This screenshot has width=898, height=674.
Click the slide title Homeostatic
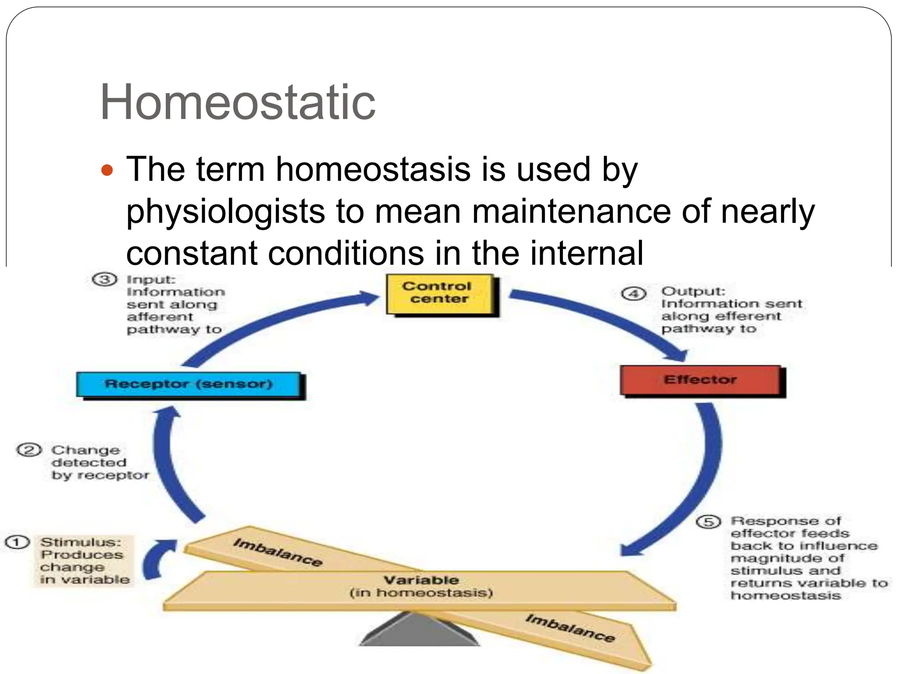pyautogui.click(x=237, y=103)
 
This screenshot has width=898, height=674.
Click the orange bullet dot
pyautogui.click(x=107, y=170)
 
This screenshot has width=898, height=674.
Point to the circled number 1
pyautogui.click(x=17, y=542)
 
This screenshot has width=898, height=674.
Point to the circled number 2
pyautogui.click(x=29, y=450)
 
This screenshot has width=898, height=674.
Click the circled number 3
pyautogui.click(x=104, y=280)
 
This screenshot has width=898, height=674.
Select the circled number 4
pyautogui.click(x=634, y=293)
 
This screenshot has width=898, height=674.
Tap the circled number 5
pyautogui.click(x=708, y=522)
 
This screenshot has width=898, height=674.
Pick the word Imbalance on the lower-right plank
pyautogui.click(x=570, y=628)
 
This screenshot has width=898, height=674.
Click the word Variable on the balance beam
pyautogui.click(x=421, y=580)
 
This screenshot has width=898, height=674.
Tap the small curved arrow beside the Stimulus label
pyautogui.click(x=158, y=559)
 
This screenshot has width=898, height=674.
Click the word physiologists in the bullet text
pyautogui.click(x=225, y=212)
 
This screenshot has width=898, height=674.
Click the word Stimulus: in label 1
pyautogui.click(x=81, y=542)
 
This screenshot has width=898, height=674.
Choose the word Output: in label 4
pyautogui.click(x=693, y=291)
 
